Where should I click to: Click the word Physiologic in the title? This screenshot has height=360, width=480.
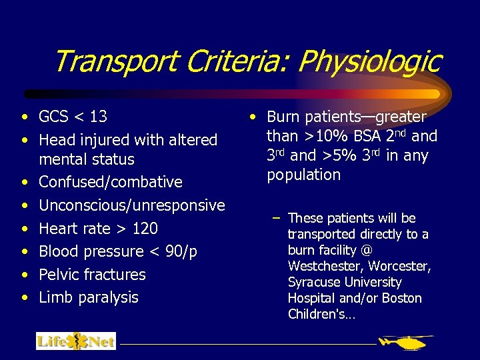click(x=369, y=62)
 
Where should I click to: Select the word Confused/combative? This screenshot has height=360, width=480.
click(x=111, y=182)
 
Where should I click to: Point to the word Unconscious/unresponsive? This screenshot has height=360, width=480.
click(x=132, y=205)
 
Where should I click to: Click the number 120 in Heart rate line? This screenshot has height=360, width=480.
click(x=145, y=229)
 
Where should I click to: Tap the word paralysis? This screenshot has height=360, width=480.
click(x=107, y=297)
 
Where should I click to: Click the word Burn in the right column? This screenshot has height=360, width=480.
click(x=283, y=117)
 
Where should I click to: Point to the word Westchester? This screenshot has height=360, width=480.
click(x=321, y=267)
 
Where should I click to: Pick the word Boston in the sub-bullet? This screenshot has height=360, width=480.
click(x=402, y=298)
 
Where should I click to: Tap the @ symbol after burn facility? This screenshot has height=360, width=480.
click(x=366, y=251)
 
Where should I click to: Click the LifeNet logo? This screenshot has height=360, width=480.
click(x=75, y=341)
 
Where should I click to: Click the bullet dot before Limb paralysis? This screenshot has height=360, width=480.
click(x=24, y=298)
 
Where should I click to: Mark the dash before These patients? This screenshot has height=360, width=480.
click(x=275, y=219)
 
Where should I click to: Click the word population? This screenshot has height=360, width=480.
click(x=304, y=175)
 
